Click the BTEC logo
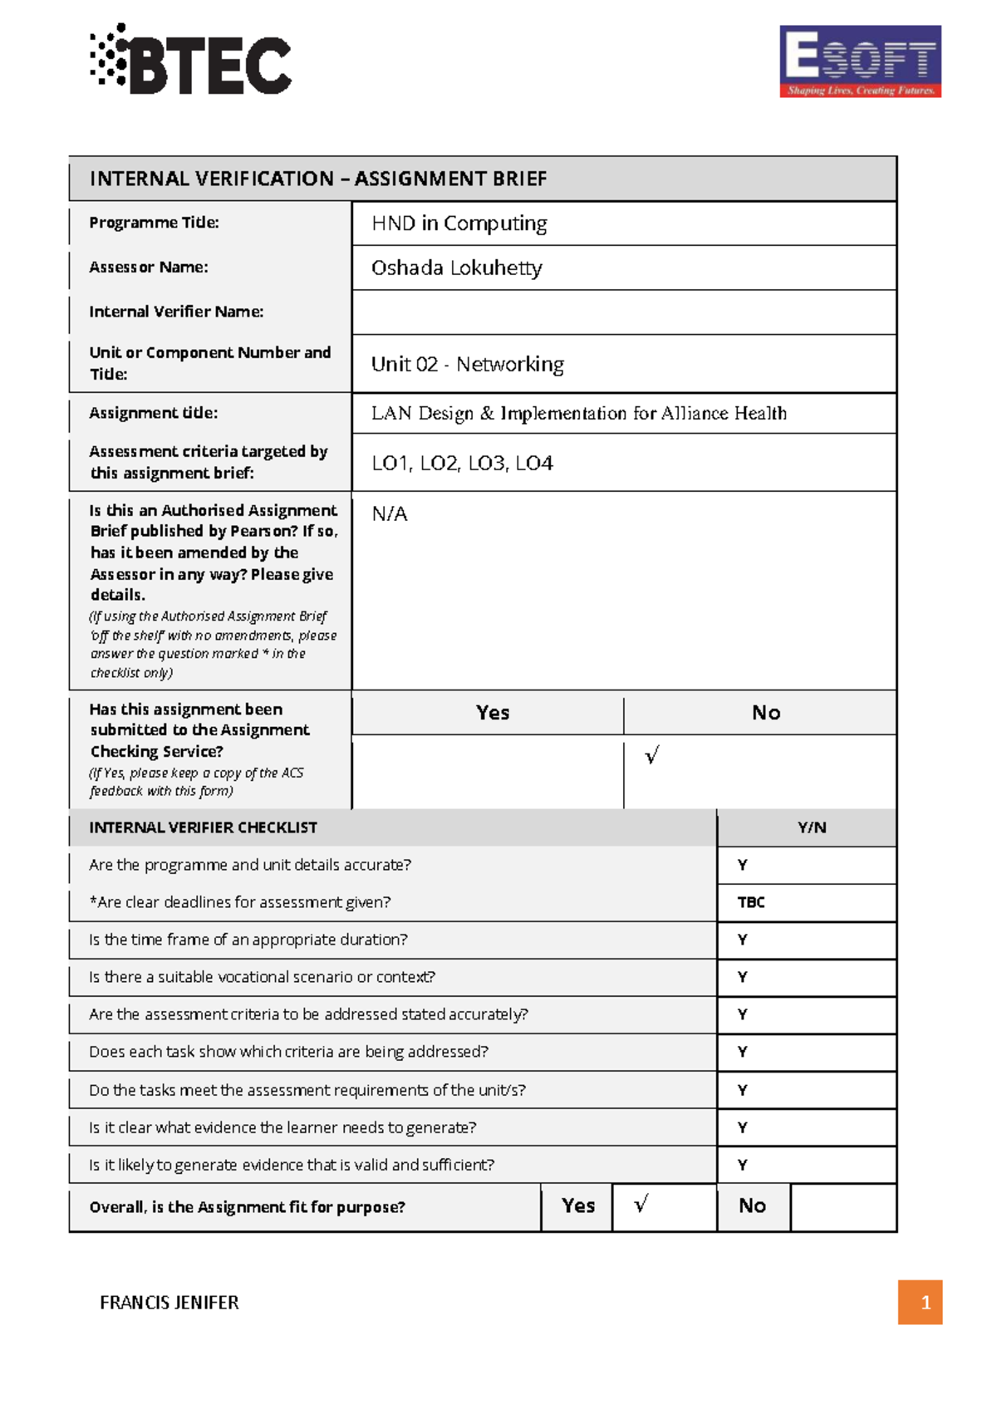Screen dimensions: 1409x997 point(191,60)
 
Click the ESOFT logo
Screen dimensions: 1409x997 point(860,61)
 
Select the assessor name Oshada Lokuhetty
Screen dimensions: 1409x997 point(456,268)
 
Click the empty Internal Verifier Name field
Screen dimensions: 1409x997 point(623,312)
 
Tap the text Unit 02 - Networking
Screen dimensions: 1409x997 point(467,364)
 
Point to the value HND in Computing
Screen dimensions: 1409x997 point(459,223)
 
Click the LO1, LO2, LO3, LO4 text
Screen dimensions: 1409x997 point(462,464)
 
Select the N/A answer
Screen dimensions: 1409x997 point(389,514)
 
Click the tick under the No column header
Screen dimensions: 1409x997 point(652,755)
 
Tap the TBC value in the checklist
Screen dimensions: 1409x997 point(751,902)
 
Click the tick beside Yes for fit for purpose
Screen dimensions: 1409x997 point(641,1205)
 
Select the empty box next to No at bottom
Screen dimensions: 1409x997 point(842,1206)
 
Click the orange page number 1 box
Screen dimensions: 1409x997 point(920,1302)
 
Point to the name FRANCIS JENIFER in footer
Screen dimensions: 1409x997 point(169,1303)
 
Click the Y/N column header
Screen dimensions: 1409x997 point(811,827)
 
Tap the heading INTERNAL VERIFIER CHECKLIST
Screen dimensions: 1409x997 point(203,827)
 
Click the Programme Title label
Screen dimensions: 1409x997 point(154,223)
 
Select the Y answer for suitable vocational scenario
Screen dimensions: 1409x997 point(743,977)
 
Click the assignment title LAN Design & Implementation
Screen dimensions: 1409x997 point(578,413)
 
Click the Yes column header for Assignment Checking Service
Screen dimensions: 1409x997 point(492,713)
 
